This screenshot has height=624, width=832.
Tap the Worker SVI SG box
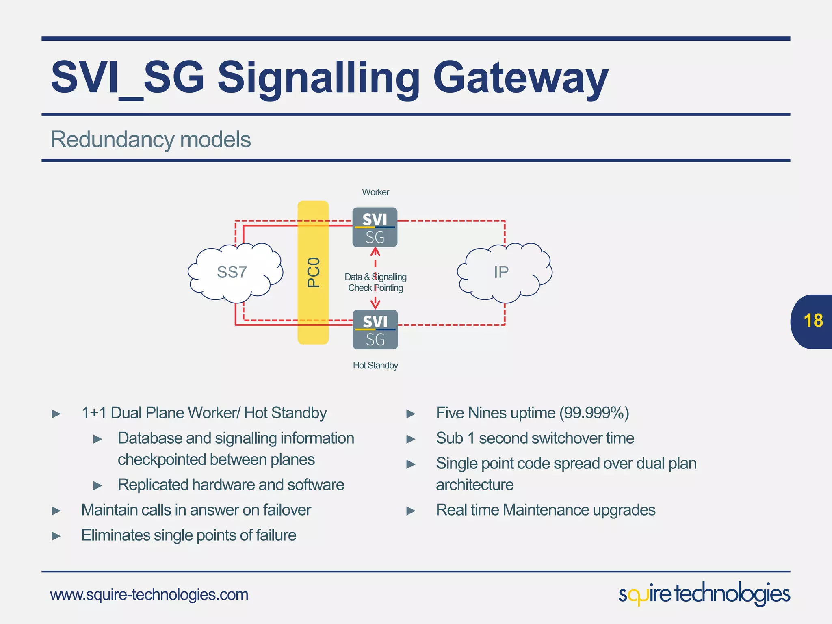point(375,227)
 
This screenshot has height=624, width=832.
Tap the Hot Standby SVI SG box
point(375,329)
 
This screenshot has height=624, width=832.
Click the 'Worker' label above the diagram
point(375,192)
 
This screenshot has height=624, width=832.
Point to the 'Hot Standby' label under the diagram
point(375,365)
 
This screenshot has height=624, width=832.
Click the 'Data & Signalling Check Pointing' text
point(375,282)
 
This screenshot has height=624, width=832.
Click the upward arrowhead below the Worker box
point(375,252)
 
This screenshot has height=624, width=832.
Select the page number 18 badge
point(812,321)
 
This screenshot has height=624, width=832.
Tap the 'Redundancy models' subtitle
point(150,139)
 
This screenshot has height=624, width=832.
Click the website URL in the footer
point(149,595)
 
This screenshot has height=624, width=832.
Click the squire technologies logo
point(704,594)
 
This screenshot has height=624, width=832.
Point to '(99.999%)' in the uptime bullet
point(594,413)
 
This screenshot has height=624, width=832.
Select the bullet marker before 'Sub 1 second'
point(411,439)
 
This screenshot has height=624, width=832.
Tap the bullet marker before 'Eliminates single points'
point(56,536)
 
